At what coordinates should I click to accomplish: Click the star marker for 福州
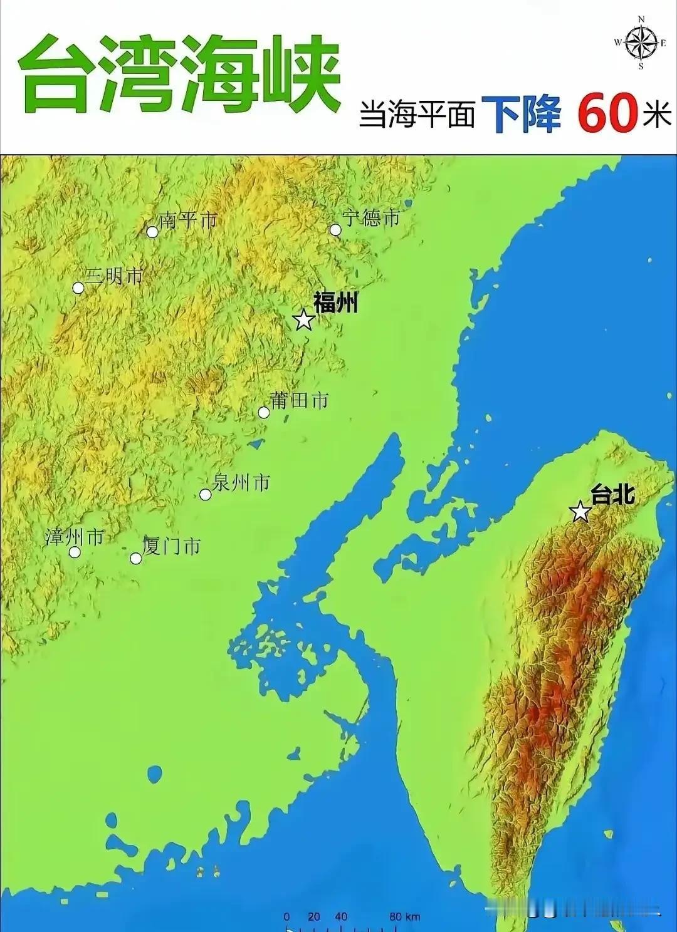click(304, 320)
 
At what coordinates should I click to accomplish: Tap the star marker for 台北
click(580, 512)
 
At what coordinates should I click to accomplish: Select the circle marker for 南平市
click(152, 232)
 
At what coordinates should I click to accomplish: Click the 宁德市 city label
click(371, 218)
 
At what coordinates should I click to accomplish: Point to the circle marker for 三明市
click(78, 288)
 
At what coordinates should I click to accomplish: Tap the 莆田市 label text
click(299, 400)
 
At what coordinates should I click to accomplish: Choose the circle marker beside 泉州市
click(205, 494)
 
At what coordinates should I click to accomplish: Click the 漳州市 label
click(74, 537)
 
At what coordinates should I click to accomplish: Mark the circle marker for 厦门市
click(136, 558)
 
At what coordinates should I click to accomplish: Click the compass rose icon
click(641, 43)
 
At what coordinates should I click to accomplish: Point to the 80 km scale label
click(404, 917)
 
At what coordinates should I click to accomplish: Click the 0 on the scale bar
click(286, 917)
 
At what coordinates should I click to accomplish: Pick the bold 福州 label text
click(335, 303)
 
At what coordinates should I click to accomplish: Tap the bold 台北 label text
click(612, 495)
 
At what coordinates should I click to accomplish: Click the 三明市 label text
click(115, 276)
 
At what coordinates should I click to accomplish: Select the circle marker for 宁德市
click(335, 230)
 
